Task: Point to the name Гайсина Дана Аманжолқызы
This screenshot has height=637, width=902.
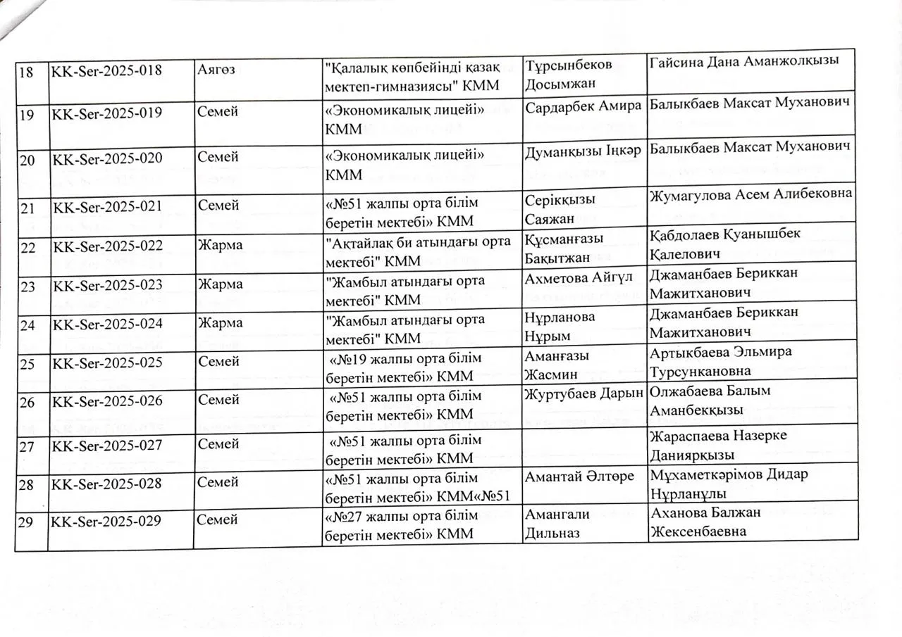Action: (x=743, y=61)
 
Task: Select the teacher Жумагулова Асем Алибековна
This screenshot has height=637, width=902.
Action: (x=750, y=194)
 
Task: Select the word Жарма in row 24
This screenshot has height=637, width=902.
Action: (x=221, y=323)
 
